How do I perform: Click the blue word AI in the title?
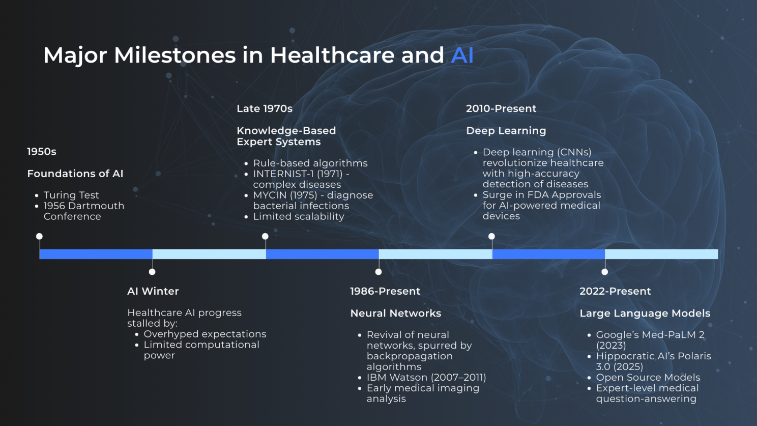(462, 55)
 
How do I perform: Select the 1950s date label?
(42, 152)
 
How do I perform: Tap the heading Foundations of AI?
(75, 174)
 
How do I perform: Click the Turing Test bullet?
(71, 195)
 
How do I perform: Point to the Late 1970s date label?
(265, 108)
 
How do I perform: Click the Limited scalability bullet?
(299, 216)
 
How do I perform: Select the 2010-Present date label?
(501, 108)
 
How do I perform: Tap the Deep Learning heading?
(506, 131)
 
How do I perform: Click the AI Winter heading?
(153, 291)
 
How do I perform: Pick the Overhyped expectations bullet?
(205, 334)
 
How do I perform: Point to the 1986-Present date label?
(385, 291)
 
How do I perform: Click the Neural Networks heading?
(396, 314)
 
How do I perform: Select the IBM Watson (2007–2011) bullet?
(426, 377)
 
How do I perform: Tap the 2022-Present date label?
(615, 291)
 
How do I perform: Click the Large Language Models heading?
(645, 314)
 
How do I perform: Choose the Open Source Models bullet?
(648, 377)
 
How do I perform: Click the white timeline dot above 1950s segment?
(39, 236)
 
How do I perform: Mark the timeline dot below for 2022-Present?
(605, 272)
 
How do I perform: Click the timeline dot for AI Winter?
(152, 272)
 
